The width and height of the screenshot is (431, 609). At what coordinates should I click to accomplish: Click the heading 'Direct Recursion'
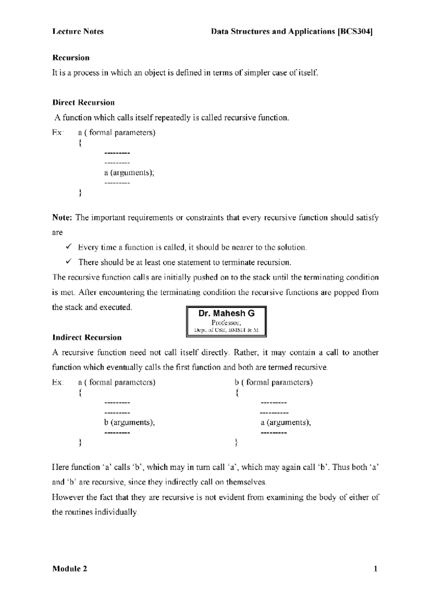(83, 103)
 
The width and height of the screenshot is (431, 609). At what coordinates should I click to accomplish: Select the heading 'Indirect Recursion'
(87, 338)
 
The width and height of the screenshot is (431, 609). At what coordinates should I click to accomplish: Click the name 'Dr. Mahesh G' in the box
(226, 313)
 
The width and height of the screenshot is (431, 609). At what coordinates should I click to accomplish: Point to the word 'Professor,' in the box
(226, 322)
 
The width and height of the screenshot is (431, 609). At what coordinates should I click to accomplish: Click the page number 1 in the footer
(375, 569)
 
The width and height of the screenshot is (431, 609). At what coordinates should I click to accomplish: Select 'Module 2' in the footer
(70, 569)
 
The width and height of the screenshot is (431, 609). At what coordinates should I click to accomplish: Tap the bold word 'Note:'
(62, 218)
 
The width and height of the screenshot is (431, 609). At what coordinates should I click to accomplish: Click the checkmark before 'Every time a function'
(69, 247)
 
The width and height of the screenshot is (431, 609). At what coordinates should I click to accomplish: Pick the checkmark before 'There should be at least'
(69, 262)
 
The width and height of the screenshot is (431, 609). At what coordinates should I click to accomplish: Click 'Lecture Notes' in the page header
(78, 32)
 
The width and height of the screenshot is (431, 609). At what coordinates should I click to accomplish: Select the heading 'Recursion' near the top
(71, 58)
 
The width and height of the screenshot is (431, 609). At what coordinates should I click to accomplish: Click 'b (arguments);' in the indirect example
(129, 422)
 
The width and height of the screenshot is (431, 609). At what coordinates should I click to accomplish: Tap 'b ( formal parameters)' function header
(274, 382)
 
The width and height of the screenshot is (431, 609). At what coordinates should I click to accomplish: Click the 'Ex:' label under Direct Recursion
(57, 133)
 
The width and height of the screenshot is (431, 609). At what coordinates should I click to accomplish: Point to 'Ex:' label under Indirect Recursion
(57, 382)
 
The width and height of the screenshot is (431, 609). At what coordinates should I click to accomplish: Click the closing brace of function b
(236, 442)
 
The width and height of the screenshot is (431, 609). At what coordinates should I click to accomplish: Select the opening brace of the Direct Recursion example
(80, 143)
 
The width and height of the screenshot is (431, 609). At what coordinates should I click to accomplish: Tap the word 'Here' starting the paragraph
(61, 468)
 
